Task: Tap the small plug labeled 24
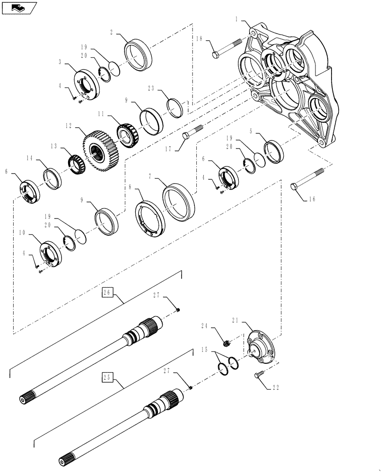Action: coord(227,342)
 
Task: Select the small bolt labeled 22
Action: coord(258,375)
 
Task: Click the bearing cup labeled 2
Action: coord(139,56)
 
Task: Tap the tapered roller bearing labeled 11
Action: coord(126,136)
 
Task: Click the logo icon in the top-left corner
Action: coord(18,8)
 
